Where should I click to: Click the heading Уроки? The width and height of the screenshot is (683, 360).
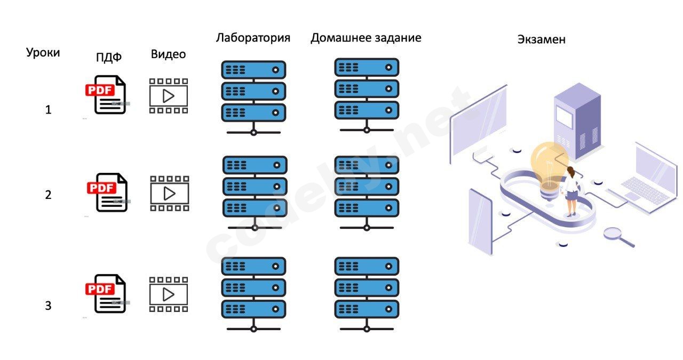(x=43, y=52)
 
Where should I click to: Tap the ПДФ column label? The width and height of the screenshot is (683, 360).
(x=109, y=57)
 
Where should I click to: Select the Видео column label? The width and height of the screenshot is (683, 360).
(x=168, y=54)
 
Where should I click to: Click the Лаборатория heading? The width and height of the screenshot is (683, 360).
(x=253, y=38)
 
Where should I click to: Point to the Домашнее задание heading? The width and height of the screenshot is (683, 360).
(x=366, y=38)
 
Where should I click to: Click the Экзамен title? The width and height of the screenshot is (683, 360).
(x=541, y=39)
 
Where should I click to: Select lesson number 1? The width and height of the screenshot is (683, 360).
(x=49, y=110)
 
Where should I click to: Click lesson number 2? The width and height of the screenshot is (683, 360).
(x=49, y=195)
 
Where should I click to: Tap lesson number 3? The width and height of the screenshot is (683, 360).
(x=49, y=306)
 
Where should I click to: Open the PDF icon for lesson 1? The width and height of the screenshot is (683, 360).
(x=106, y=94)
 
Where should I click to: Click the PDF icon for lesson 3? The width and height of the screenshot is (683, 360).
(x=106, y=293)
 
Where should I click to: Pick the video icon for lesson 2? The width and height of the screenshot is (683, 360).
(x=169, y=193)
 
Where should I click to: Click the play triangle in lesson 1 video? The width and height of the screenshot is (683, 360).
(x=169, y=96)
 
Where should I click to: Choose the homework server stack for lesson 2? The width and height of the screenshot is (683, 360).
(x=367, y=193)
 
